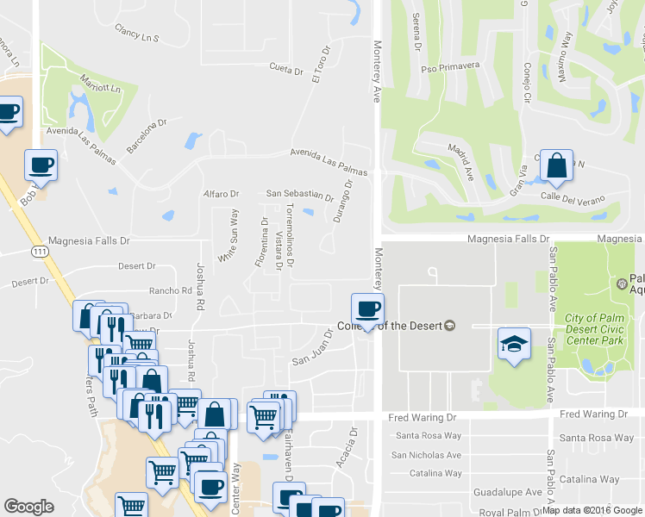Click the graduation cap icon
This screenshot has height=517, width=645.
click(x=513, y=345)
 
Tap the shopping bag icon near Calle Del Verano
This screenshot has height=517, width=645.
click(x=558, y=165)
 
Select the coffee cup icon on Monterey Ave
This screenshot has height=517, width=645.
click(x=367, y=309)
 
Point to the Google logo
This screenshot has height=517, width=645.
click(x=28, y=507)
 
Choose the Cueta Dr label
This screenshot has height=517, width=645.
click(x=286, y=67)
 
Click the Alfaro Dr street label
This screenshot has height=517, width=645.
click(x=220, y=194)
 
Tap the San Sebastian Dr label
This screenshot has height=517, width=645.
click(x=299, y=195)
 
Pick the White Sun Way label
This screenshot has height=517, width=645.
click(x=228, y=234)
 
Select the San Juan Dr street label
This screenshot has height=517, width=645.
click(x=312, y=346)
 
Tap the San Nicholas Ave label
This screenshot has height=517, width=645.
click(x=426, y=455)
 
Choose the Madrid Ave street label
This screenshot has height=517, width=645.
click(x=461, y=161)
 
